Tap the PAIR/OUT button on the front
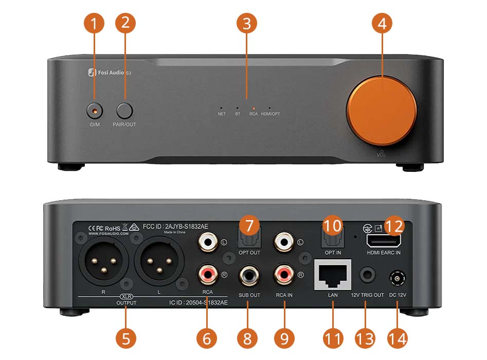124,110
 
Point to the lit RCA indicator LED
254,109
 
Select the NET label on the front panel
222,114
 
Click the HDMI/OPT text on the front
270,114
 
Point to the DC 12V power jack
398,278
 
